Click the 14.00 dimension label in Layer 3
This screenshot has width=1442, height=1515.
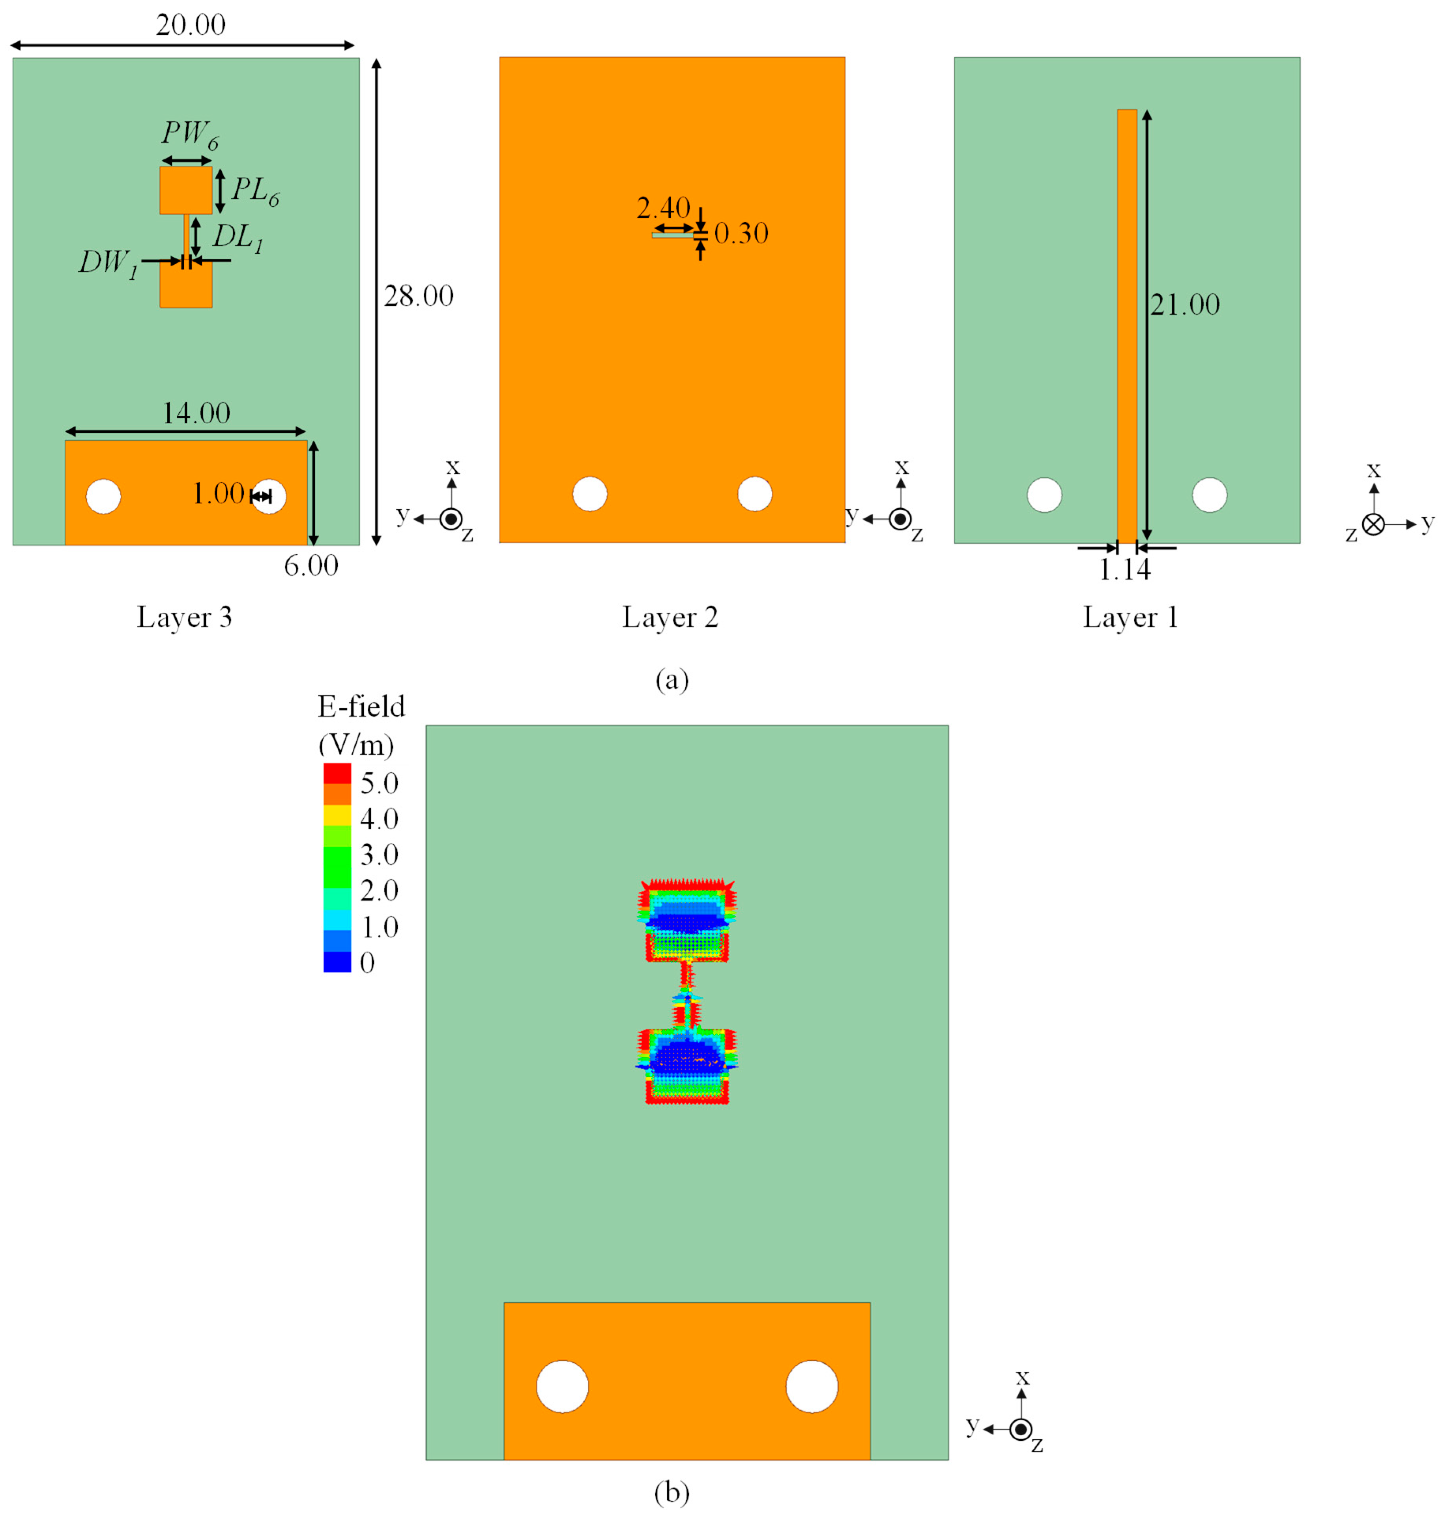pyautogui.click(x=196, y=413)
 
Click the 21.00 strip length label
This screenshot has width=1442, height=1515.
pyautogui.click(x=1184, y=305)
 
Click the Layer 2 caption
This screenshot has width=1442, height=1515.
pyautogui.click(x=670, y=617)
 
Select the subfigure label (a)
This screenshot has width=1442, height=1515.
pyautogui.click(x=672, y=679)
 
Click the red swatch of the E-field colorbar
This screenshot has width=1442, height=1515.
pyautogui.click(x=337, y=772)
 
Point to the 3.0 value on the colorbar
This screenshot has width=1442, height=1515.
pyautogui.click(x=379, y=855)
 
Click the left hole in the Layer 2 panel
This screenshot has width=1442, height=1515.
pyautogui.click(x=589, y=494)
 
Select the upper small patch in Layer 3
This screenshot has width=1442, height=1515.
pyautogui.click(x=186, y=190)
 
